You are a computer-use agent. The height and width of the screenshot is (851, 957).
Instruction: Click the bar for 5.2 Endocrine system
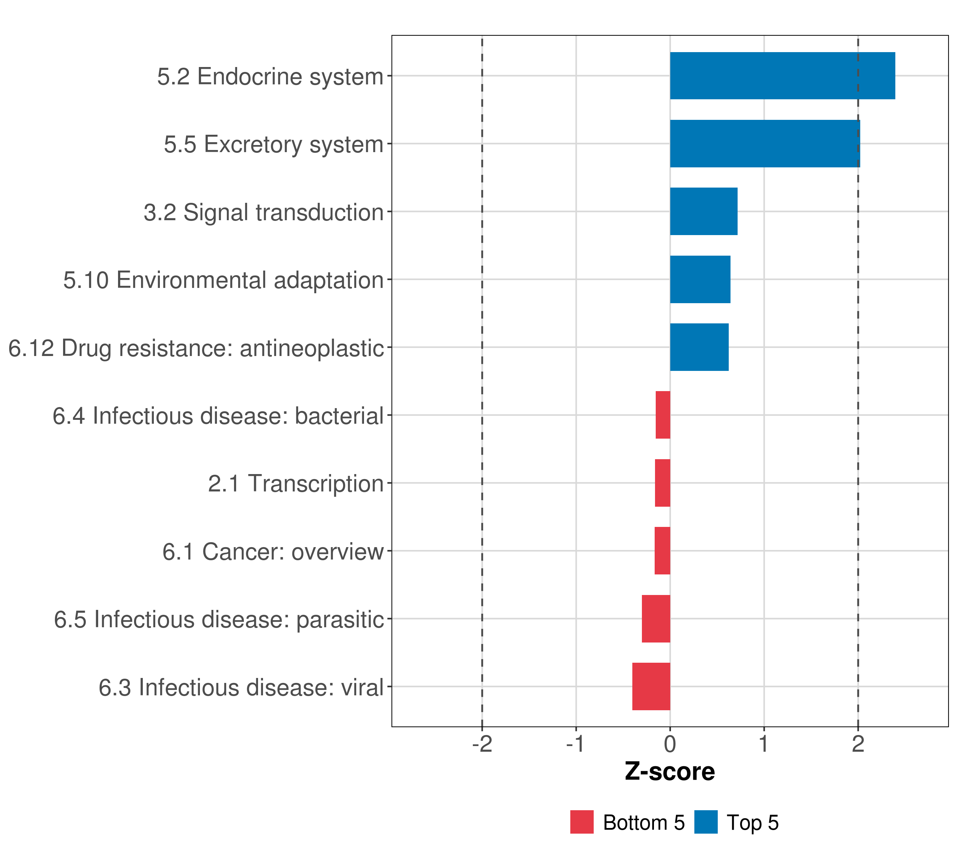[x=782, y=76]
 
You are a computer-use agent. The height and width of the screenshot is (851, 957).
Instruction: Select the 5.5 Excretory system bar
[x=765, y=144]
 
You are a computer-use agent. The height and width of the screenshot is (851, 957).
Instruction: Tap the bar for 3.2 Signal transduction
[x=703, y=211]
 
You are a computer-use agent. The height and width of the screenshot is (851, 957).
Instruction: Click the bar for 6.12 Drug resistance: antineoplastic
[x=699, y=347]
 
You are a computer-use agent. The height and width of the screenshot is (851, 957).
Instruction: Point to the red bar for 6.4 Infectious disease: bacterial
[x=662, y=415]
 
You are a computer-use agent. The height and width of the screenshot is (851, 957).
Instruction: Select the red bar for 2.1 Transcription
[x=662, y=483]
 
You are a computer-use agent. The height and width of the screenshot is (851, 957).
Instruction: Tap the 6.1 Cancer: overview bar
[x=662, y=551]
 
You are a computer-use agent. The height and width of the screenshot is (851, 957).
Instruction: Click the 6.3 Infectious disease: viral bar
[x=651, y=686]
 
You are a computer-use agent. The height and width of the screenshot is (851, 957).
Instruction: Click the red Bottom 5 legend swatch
[x=582, y=822]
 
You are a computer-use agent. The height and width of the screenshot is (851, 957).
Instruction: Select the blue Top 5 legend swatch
[x=706, y=822]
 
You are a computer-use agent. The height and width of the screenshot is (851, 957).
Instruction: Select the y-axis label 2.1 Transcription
[x=296, y=483]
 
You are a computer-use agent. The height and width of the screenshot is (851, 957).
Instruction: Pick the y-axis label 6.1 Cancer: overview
[x=273, y=551]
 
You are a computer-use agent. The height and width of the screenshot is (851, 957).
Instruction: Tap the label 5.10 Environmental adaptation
[x=223, y=280]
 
